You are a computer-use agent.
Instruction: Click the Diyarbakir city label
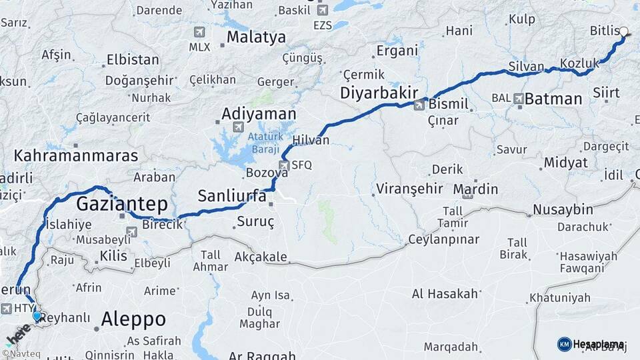coord(379,93)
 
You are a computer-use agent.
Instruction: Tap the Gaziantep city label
coord(122,203)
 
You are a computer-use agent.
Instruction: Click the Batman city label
coord(553,99)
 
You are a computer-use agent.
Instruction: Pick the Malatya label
coord(256,37)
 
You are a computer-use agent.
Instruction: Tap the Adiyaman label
coord(259,113)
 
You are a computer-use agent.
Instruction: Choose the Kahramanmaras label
coord(76,156)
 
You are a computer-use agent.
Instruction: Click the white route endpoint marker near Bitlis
coord(624,31)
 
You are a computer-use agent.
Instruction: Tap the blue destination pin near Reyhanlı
coord(37,317)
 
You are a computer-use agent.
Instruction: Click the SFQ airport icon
coord(285,165)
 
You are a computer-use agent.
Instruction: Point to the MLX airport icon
coord(199,32)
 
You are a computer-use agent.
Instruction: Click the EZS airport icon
coord(323,10)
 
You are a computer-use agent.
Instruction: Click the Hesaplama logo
coord(591,344)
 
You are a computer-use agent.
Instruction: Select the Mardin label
coord(475,189)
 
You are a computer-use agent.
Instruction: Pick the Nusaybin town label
coord(562,210)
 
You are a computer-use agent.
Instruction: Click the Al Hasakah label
coord(445,293)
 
